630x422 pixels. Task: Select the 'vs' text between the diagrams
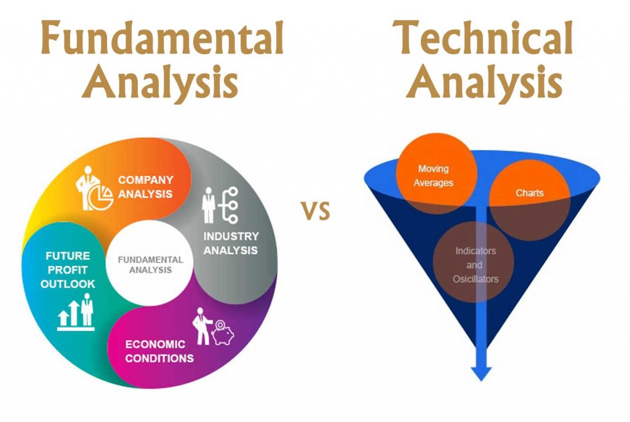(x=316, y=210)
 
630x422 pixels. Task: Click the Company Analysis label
(x=145, y=187)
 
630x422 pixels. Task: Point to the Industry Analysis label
(x=231, y=243)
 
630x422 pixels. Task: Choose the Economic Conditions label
(x=159, y=351)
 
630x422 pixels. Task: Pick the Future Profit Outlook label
(x=68, y=269)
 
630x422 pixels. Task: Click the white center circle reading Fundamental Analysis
(x=150, y=263)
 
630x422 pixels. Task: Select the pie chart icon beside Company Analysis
(x=100, y=197)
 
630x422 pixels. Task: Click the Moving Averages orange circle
(x=436, y=173)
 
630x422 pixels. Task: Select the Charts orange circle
(x=530, y=199)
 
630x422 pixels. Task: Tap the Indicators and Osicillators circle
(x=474, y=262)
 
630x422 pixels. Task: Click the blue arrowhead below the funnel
(x=481, y=373)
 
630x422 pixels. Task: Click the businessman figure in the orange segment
(x=87, y=188)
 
